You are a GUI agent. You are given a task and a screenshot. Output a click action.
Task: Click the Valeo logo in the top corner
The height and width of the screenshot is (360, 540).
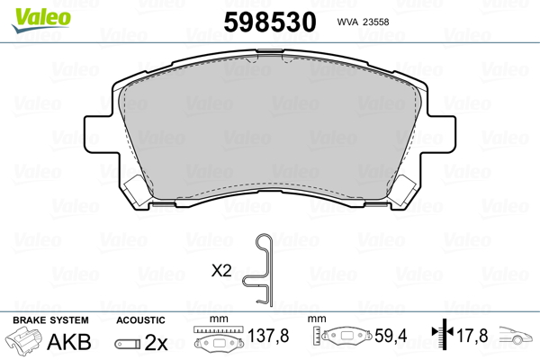(41, 20)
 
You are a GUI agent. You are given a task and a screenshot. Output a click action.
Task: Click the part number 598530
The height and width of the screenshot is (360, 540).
(270, 22)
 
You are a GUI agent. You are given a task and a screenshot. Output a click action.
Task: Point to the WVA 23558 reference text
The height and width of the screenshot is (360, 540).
(363, 22)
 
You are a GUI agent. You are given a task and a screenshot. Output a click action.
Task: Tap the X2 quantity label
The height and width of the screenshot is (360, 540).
(221, 271)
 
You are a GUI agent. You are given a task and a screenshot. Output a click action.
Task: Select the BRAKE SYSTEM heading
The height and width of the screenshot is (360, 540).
(50, 320)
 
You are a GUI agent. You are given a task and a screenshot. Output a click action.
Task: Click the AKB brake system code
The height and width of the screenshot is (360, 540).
(69, 342)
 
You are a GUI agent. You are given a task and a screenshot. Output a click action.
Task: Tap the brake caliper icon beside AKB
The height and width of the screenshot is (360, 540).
(23, 340)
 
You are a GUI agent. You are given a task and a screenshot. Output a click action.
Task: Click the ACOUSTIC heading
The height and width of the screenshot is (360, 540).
(140, 320)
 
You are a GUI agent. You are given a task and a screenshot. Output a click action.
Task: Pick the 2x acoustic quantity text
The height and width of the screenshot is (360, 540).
(156, 342)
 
